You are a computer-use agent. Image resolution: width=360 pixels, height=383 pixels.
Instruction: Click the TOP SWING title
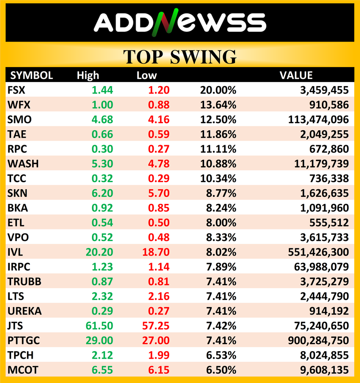tap(179, 57)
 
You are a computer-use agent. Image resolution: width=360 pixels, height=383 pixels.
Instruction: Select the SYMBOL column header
tap(31, 75)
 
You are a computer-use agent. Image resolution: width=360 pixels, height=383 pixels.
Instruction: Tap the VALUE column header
tap(296, 75)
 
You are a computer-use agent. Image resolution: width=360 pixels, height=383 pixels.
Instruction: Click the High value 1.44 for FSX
tap(102, 90)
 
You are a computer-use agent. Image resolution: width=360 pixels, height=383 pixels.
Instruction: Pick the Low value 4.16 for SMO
tap(159, 120)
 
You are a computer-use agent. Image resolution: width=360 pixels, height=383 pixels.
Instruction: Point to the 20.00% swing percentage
tap(218, 90)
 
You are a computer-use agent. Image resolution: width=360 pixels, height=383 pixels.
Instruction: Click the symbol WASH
tap(23, 164)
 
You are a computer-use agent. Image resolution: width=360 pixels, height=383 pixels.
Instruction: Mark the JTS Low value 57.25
tap(156, 326)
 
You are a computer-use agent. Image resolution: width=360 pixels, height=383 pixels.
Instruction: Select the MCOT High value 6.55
tap(102, 370)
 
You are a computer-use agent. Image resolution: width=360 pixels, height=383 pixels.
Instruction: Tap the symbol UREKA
tap(25, 311)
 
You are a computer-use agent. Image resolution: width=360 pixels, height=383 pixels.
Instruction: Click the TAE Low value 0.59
tap(159, 135)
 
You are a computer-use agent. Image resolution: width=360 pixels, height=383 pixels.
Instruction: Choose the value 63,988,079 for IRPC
tap(315, 267)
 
